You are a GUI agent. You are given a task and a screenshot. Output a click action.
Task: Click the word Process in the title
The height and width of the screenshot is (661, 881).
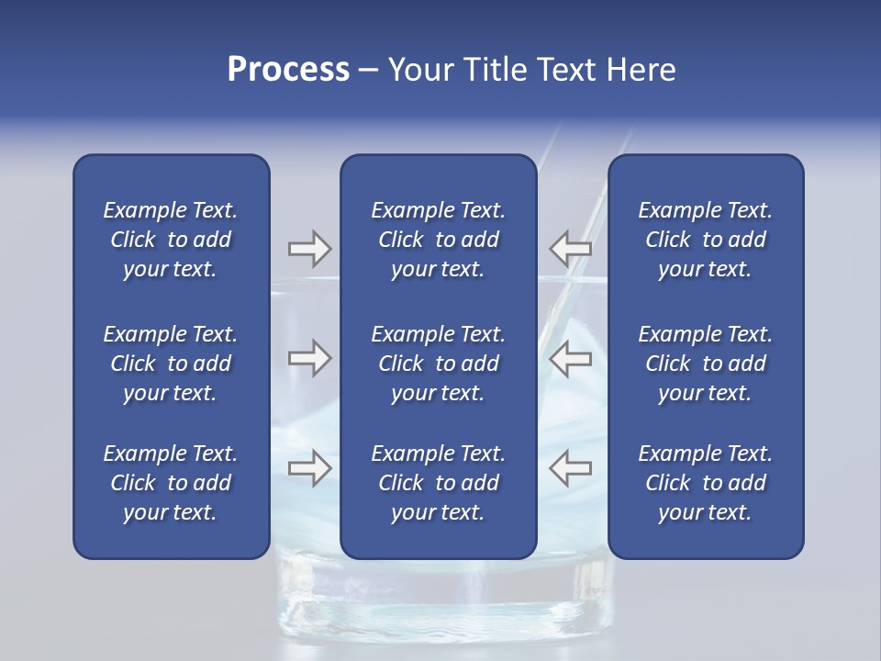(x=287, y=70)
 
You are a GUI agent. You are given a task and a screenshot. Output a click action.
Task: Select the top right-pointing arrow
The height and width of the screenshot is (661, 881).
(x=309, y=248)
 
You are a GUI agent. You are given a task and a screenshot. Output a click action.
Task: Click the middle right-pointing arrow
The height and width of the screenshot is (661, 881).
(x=309, y=358)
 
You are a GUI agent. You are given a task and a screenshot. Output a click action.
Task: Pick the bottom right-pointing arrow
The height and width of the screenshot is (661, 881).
(x=309, y=468)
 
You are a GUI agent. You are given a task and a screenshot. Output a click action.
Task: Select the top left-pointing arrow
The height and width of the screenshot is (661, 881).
(x=570, y=248)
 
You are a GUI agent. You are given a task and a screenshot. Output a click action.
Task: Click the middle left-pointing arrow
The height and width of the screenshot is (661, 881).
(x=570, y=358)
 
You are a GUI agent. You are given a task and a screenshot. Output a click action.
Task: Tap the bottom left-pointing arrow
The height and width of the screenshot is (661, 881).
(x=570, y=468)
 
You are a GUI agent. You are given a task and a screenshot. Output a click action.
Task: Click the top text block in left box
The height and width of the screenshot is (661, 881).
(x=171, y=240)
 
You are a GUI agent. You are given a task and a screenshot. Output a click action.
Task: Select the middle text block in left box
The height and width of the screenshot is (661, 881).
(x=171, y=364)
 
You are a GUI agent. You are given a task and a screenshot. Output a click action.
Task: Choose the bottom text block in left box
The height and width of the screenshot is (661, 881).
(x=171, y=483)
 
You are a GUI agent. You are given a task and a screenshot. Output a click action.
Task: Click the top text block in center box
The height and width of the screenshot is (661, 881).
(x=438, y=240)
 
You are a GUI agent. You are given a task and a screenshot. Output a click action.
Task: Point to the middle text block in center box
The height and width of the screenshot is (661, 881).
(x=438, y=364)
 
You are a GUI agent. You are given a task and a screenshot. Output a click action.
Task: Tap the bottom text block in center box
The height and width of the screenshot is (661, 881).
(x=438, y=483)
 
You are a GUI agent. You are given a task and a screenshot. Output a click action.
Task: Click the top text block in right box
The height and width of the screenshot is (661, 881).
(x=705, y=240)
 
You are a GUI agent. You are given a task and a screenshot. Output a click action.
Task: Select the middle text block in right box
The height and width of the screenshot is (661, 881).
(x=705, y=364)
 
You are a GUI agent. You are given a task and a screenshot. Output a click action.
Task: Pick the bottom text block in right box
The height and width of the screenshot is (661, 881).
(x=705, y=483)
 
